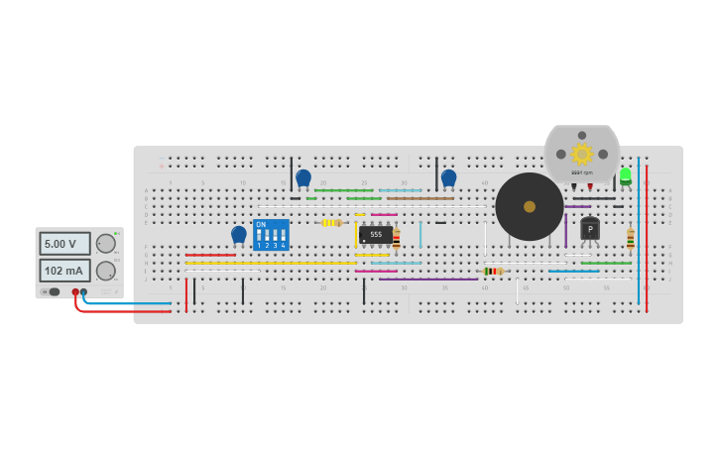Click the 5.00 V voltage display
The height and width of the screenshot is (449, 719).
pyautogui.click(x=64, y=244)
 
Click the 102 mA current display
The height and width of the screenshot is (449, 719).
pyautogui.click(x=64, y=271)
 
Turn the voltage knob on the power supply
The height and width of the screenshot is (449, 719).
pyautogui.click(x=105, y=244)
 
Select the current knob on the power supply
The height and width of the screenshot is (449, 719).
pyautogui.click(x=105, y=271)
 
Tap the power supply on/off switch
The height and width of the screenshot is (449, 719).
pyautogui.click(x=53, y=291)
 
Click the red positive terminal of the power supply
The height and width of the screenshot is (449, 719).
pyautogui.click(x=75, y=292)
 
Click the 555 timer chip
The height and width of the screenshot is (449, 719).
pyautogui.click(x=376, y=235)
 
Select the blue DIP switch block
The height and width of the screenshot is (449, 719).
pyautogui.click(x=271, y=236)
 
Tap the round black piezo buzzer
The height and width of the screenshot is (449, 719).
pyautogui.click(x=530, y=206)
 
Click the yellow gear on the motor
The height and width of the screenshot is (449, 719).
pyautogui.click(x=581, y=154)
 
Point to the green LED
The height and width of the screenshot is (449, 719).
pyautogui.click(x=626, y=175)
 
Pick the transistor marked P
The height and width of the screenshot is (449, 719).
pyautogui.click(x=590, y=229)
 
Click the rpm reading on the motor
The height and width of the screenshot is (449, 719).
pyautogui.click(x=581, y=172)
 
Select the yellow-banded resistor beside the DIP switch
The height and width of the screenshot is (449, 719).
pyautogui.click(x=331, y=223)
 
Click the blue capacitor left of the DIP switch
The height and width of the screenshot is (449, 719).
pyautogui.click(x=239, y=234)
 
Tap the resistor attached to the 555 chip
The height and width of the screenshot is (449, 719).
pyautogui.click(x=397, y=237)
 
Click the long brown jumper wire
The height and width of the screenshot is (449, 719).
pyautogui.click(x=420, y=198)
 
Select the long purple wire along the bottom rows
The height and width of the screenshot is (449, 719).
pyautogui.click(x=428, y=280)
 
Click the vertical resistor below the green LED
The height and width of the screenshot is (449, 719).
pyautogui.click(x=631, y=238)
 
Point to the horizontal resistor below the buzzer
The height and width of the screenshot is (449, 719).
pyautogui.click(x=493, y=271)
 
